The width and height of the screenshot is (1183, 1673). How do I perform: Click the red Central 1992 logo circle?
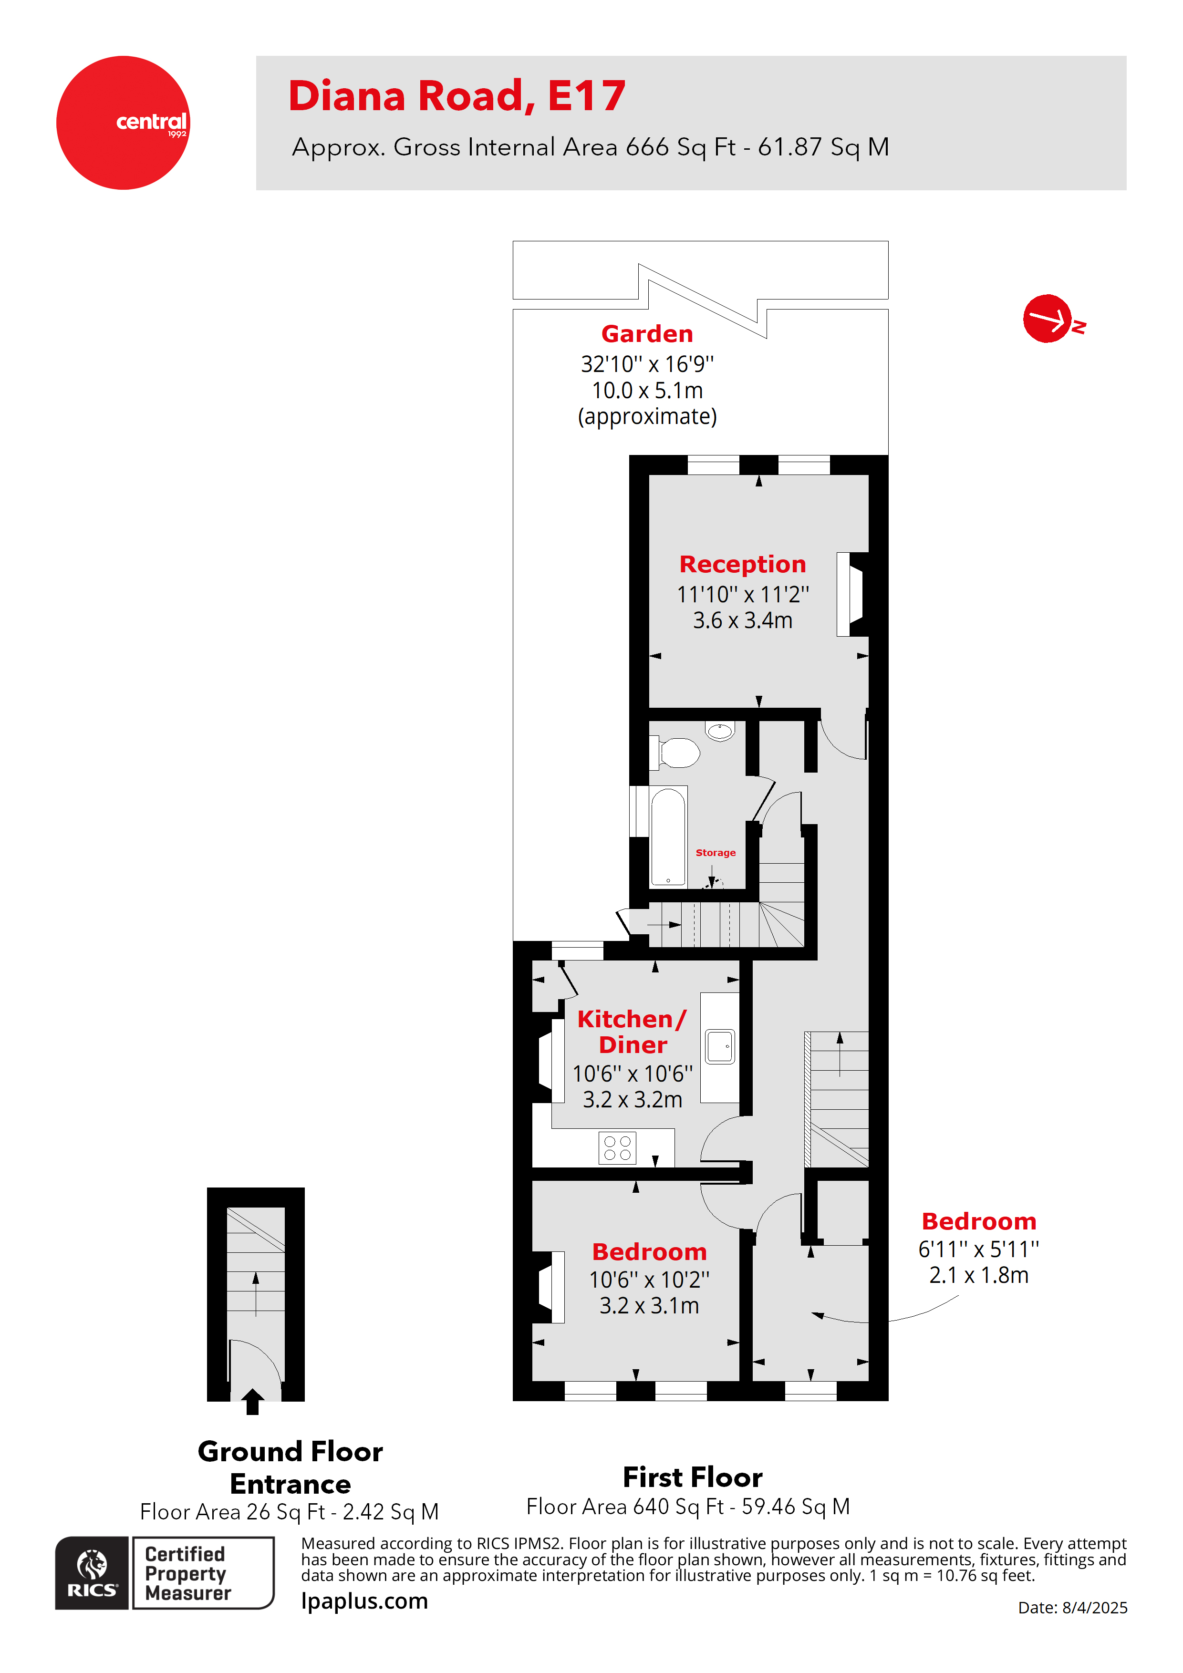[x=123, y=123]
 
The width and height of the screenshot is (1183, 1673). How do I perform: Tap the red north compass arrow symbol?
[x=1048, y=319]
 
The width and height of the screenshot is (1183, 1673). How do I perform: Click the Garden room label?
[x=646, y=334]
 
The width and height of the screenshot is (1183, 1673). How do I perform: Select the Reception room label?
[x=742, y=564]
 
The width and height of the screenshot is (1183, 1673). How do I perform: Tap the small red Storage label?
[x=715, y=853]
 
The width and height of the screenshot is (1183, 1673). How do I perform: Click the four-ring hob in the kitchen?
[x=617, y=1147]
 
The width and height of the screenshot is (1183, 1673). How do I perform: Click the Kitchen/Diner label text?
[x=632, y=1031]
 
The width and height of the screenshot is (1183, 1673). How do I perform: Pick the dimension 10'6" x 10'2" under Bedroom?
[x=649, y=1280]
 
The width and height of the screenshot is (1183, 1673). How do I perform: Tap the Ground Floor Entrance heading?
[x=290, y=1467]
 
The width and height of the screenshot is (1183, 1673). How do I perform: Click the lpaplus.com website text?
[x=364, y=1601]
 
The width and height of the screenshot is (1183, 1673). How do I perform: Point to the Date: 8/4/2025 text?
[x=1072, y=1607]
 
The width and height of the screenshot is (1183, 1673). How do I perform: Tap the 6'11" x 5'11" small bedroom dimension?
[x=978, y=1249]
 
